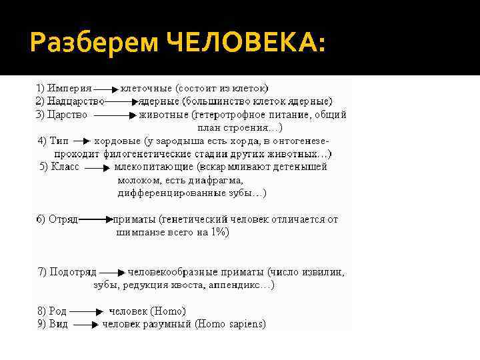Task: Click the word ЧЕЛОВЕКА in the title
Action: coord(246,45)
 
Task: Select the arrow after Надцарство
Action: coord(122,101)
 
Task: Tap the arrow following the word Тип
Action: coord(79,141)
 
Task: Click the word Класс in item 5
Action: coord(65,167)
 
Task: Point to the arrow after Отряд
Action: coord(96,219)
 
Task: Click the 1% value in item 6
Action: coord(219,232)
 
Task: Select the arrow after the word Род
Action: coord(85,311)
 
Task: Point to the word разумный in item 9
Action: coord(169,325)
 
